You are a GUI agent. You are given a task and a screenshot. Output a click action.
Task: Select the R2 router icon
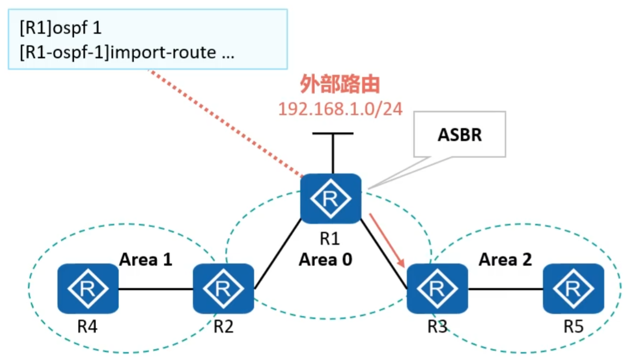click(x=223, y=288)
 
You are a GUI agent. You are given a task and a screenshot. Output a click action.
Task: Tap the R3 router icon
click(x=437, y=288)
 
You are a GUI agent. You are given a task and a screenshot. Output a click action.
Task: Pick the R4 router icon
click(x=87, y=288)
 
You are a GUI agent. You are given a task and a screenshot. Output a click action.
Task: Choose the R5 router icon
click(x=573, y=288)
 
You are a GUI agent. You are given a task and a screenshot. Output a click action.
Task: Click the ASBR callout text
click(x=459, y=134)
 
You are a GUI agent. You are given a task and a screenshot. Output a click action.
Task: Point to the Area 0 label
click(x=325, y=260)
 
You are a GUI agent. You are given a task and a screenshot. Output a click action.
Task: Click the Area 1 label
click(x=146, y=260)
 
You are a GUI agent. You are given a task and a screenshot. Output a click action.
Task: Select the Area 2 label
click(x=505, y=260)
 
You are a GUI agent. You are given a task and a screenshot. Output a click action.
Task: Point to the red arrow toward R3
click(x=387, y=240)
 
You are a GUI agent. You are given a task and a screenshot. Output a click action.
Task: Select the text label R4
click(x=87, y=327)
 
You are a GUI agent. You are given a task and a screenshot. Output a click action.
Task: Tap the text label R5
click(x=573, y=327)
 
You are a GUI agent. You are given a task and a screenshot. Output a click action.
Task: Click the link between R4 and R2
click(x=156, y=289)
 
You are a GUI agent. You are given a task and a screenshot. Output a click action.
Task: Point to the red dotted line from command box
click(x=227, y=124)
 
